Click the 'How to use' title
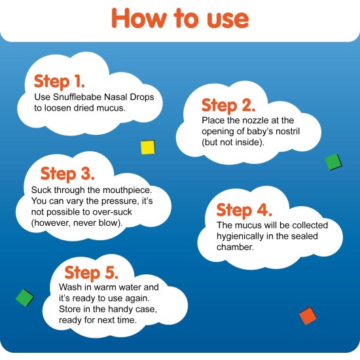click(x=180, y=18)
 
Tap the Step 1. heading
click(x=59, y=82)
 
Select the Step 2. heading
click(x=228, y=105)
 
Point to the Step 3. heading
click(x=67, y=174)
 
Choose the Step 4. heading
click(x=244, y=210)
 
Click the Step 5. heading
click(x=92, y=273)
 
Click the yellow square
click(x=148, y=147)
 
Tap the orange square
click(x=308, y=316)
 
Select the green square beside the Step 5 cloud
click(x=25, y=298)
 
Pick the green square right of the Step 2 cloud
click(x=333, y=162)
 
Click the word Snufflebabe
click(x=77, y=97)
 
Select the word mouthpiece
click(x=127, y=190)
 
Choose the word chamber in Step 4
click(x=235, y=247)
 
